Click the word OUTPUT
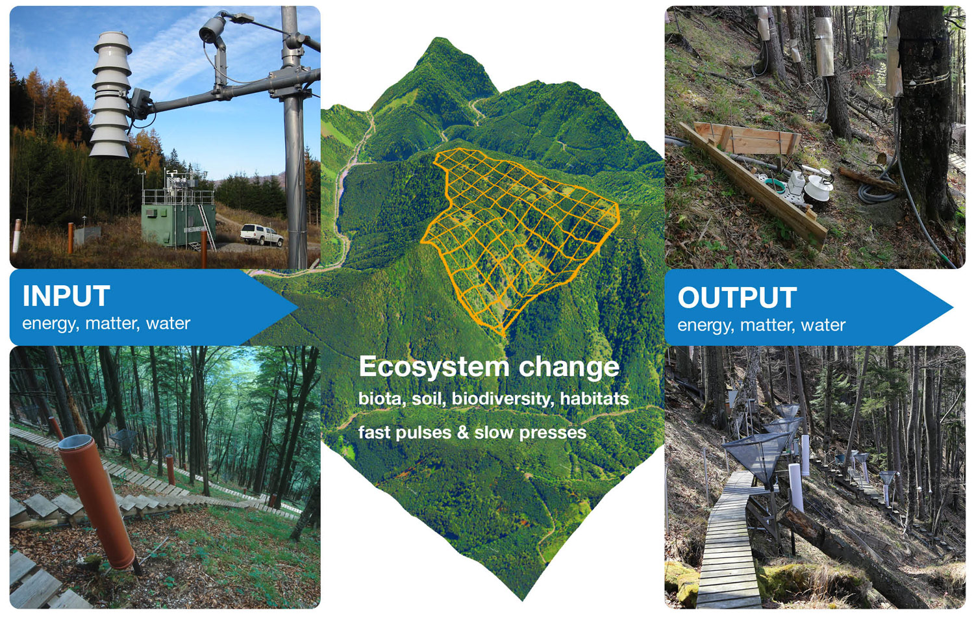(x=738, y=298)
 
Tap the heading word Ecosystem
(x=434, y=366)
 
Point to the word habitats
(x=594, y=398)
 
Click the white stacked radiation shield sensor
(x=111, y=94)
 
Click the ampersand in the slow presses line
(x=462, y=433)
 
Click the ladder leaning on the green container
(x=207, y=227)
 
